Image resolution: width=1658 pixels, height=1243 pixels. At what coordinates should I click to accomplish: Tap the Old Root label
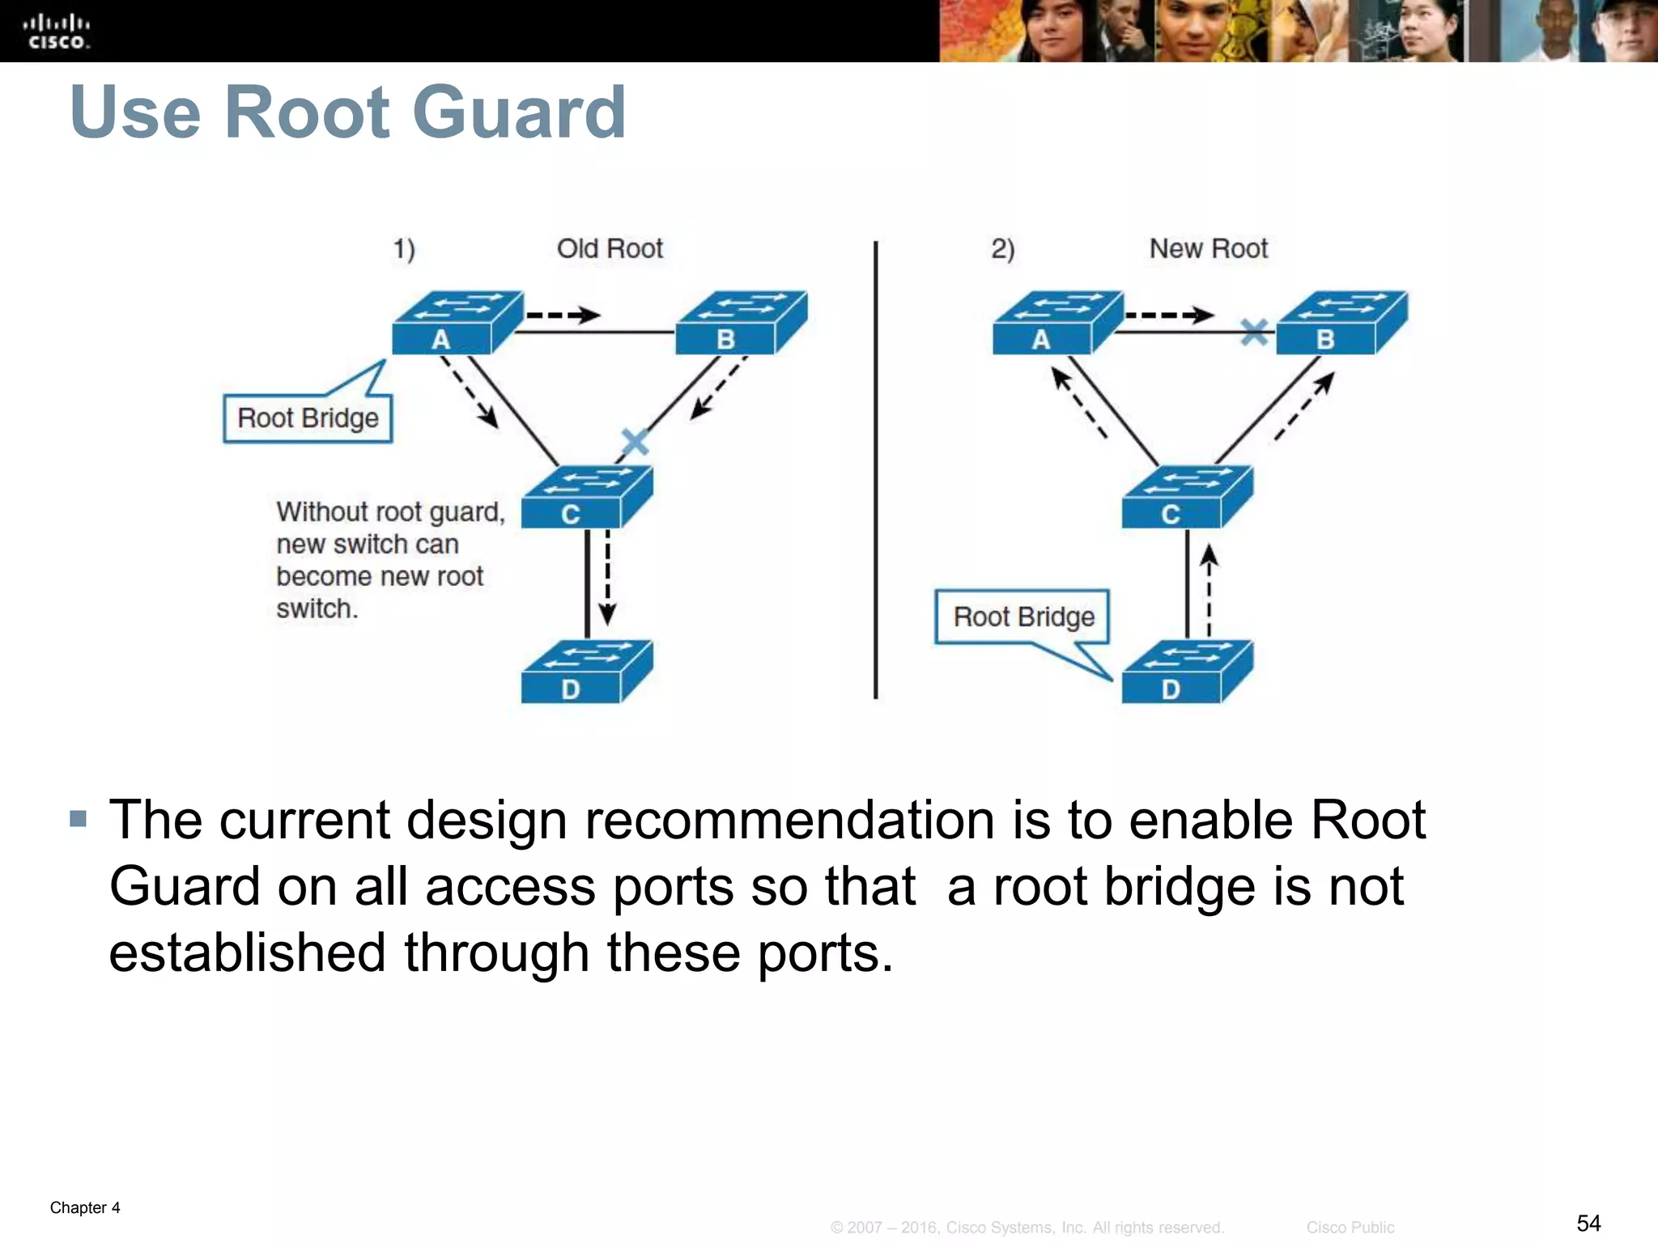coord(610,248)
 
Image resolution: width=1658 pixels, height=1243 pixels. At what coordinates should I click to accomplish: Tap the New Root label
coord(1208,248)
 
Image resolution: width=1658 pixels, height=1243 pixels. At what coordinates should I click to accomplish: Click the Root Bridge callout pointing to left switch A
coord(308,418)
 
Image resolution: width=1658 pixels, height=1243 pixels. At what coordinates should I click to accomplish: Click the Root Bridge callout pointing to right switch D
coord(1022,617)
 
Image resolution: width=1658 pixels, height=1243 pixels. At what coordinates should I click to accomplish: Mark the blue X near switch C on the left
coord(634,442)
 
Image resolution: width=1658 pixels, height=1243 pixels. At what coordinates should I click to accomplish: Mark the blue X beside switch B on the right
coord(1254,331)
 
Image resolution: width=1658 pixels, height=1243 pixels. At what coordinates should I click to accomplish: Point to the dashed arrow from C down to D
coord(607,579)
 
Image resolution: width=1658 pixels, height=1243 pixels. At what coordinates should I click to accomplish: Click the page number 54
coord(1588,1223)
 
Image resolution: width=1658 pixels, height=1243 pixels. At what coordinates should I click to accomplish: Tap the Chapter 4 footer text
coord(85,1207)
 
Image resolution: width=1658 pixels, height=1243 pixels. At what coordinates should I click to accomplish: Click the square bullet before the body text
coord(78,819)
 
